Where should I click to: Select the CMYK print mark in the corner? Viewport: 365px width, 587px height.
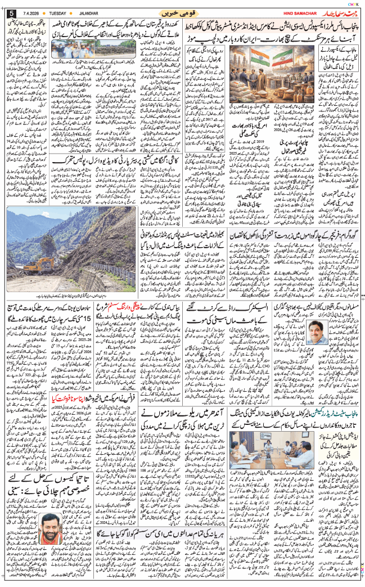353,4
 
